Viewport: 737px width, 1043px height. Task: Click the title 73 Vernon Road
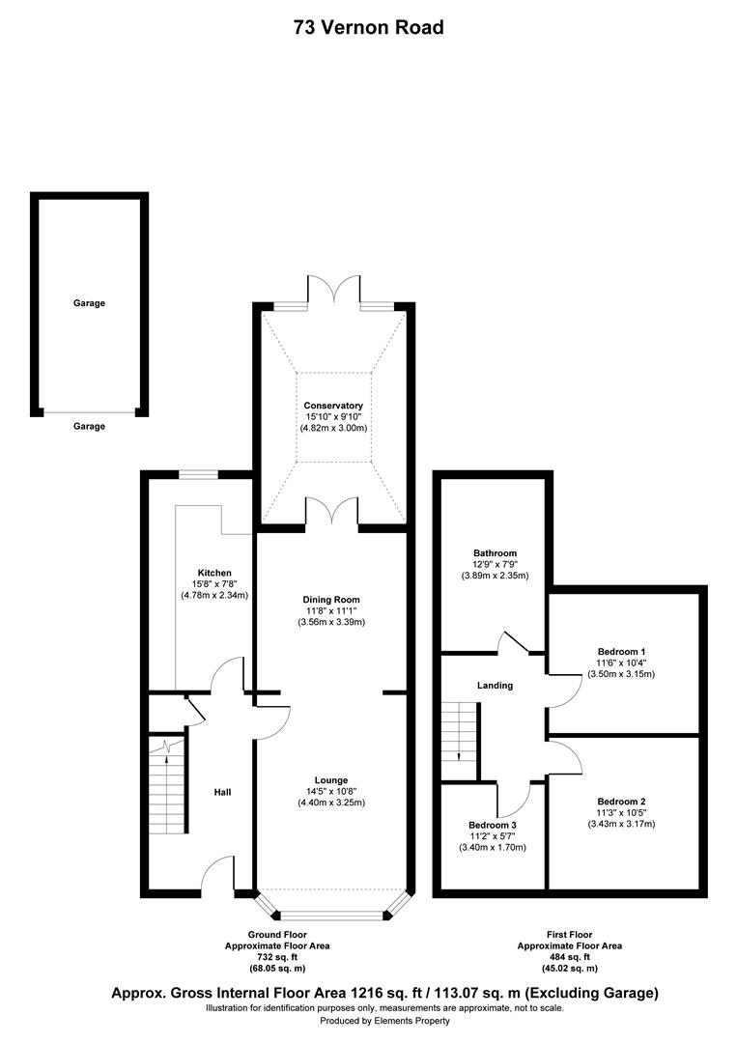coord(369,27)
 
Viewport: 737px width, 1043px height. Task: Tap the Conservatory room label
coord(332,406)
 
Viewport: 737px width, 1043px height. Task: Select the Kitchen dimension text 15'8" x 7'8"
coord(214,584)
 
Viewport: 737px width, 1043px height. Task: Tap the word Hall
coord(222,793)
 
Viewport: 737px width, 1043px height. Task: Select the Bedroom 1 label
coord(621,650)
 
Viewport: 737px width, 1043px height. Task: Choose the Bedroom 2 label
coord(621,802)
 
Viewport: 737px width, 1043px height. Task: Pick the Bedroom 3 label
coord(493,825)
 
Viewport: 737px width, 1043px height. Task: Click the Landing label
coord(495,686)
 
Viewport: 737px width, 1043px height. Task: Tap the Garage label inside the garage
coord(89,303)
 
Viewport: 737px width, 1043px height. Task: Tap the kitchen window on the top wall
coord(197,474)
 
